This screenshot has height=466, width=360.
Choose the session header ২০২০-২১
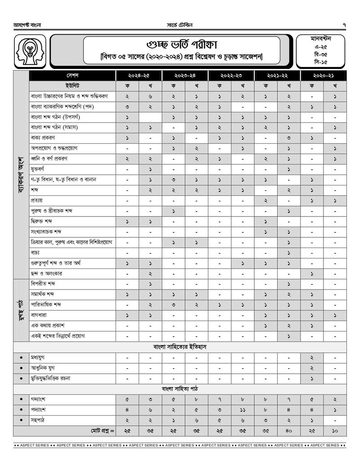point(323,75)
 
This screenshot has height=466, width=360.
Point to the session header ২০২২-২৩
point(231,75)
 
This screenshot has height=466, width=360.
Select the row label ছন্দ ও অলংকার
point(46,273)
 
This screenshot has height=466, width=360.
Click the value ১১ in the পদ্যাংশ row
point(243,410)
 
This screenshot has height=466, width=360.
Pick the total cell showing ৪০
point(288,431)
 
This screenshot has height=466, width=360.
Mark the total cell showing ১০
point(335,431)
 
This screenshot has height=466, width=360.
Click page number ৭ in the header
point(344,24)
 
